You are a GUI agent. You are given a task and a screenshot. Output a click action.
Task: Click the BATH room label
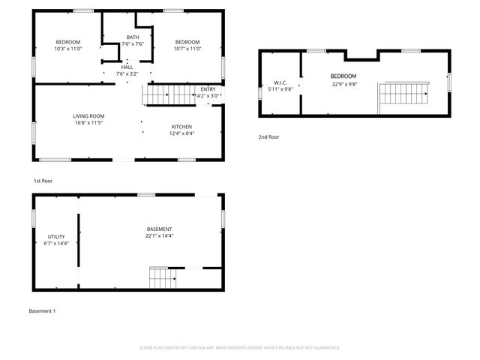(133, 37)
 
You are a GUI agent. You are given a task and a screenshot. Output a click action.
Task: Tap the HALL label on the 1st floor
(127, 66)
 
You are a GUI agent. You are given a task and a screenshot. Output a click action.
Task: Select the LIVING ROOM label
(88, 116)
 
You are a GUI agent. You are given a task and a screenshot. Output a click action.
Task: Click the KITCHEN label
(182, 127)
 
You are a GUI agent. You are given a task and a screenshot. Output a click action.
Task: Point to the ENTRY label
(208, 88)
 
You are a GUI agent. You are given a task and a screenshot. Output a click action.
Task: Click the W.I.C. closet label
(280, 82)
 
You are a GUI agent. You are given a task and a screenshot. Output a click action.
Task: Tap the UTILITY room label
(56, 236)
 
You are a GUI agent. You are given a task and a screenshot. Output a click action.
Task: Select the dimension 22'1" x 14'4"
(160, 236)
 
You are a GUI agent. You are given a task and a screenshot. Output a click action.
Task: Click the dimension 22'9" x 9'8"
(343, 84)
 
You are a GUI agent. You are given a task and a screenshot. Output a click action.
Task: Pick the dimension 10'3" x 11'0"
(68, 49)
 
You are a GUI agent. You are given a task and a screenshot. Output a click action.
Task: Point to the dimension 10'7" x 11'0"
(187, 49)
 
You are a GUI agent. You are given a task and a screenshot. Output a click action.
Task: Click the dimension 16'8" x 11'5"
(88, 124)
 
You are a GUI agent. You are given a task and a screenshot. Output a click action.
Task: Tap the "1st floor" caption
(43, 181)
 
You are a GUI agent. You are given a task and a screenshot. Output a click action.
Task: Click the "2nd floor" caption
(268, 137)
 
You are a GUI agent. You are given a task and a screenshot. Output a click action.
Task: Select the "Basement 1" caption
(42, 310)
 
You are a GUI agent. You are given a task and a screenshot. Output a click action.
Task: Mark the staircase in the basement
(163, 278)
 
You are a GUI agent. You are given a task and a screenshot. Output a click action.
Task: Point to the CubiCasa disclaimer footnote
(240, 347)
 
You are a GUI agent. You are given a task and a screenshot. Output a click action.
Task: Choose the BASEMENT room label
(160, 229)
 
